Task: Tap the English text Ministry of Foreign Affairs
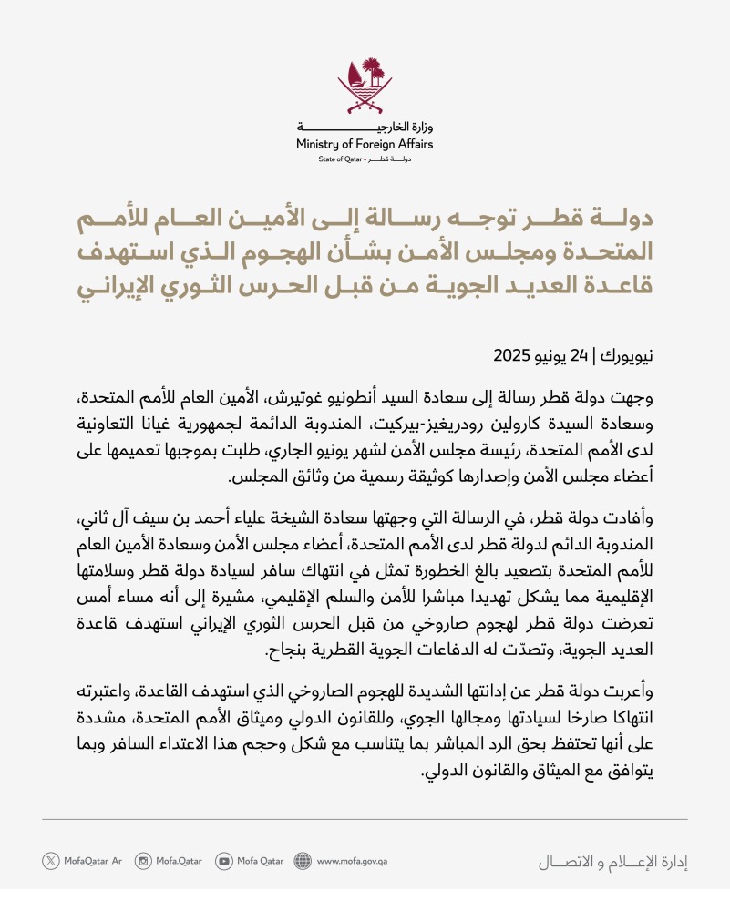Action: (365, 144)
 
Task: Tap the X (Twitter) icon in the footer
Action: (51, 861)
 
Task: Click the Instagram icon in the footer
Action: (143, 861)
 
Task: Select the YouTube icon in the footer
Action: (223, 861)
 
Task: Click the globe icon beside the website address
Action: (303, 861)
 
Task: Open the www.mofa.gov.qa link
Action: (353, 861)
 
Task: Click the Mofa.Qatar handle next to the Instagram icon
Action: (179, 861)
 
